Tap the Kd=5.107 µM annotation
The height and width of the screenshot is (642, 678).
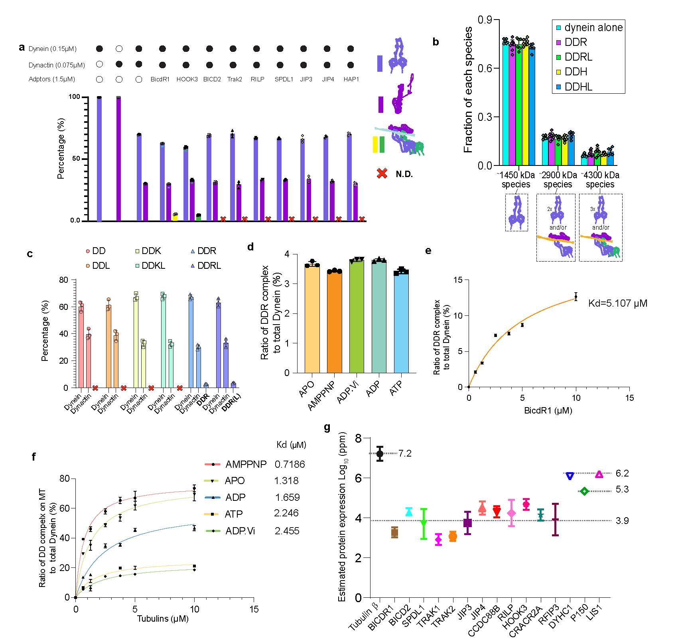[618, 303]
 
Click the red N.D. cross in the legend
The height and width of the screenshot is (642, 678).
[382, 173]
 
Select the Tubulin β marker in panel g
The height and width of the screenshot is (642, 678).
[380, 453]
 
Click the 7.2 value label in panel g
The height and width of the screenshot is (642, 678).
[405, 453]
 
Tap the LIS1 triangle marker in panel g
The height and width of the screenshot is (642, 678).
[599, 474]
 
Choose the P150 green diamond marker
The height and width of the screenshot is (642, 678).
[584, 491]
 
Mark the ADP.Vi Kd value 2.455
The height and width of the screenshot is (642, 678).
[287, 531]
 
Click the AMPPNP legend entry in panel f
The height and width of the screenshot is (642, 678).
[246, 464]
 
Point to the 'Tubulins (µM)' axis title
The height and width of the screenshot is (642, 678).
[163, 618]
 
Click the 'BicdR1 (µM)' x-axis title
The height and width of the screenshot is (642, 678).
[548, 410]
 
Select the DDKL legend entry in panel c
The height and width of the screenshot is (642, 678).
[153, 266]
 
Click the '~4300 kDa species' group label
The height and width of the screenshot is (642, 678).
[600, 180]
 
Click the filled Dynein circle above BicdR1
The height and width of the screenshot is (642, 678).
[162, 49]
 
